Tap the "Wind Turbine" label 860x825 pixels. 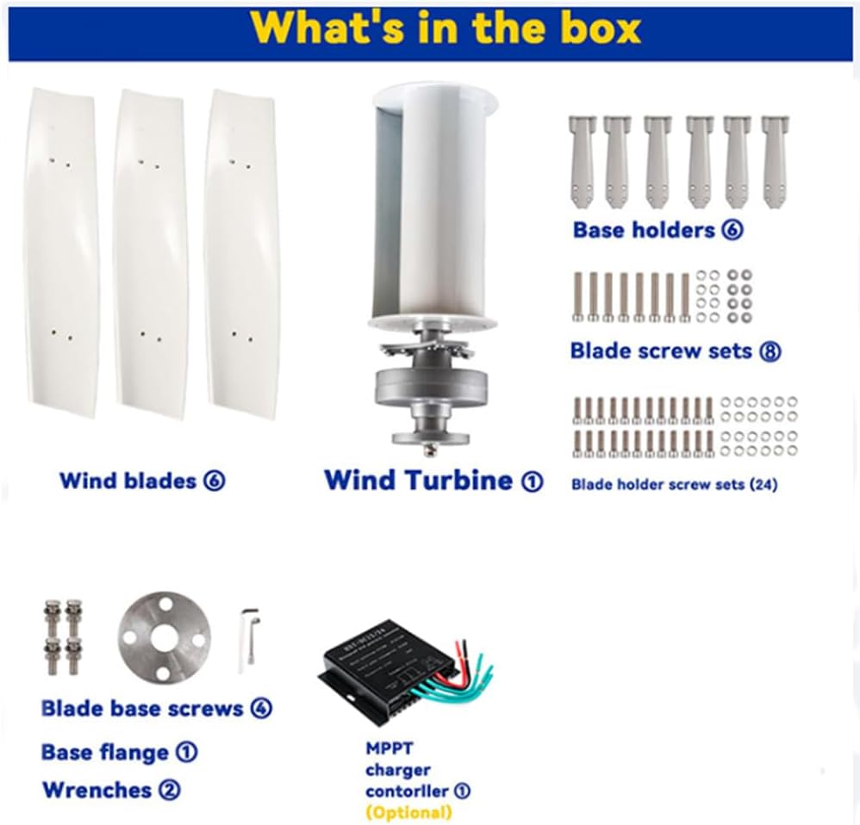coord(417,480)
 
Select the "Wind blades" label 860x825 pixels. coord(128,481)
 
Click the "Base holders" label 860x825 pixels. coord(644,230)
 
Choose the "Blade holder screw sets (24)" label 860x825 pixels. coord(674,484)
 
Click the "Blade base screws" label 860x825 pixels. coord(142,709)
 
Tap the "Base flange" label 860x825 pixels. coord(104,753)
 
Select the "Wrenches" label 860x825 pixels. coord(97,790)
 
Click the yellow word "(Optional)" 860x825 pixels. coord(408,812)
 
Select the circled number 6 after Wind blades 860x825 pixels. coord(214,481)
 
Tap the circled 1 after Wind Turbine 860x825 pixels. coord(532,481)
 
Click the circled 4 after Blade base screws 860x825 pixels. coord(262,709)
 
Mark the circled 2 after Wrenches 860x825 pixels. coord(170,790)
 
